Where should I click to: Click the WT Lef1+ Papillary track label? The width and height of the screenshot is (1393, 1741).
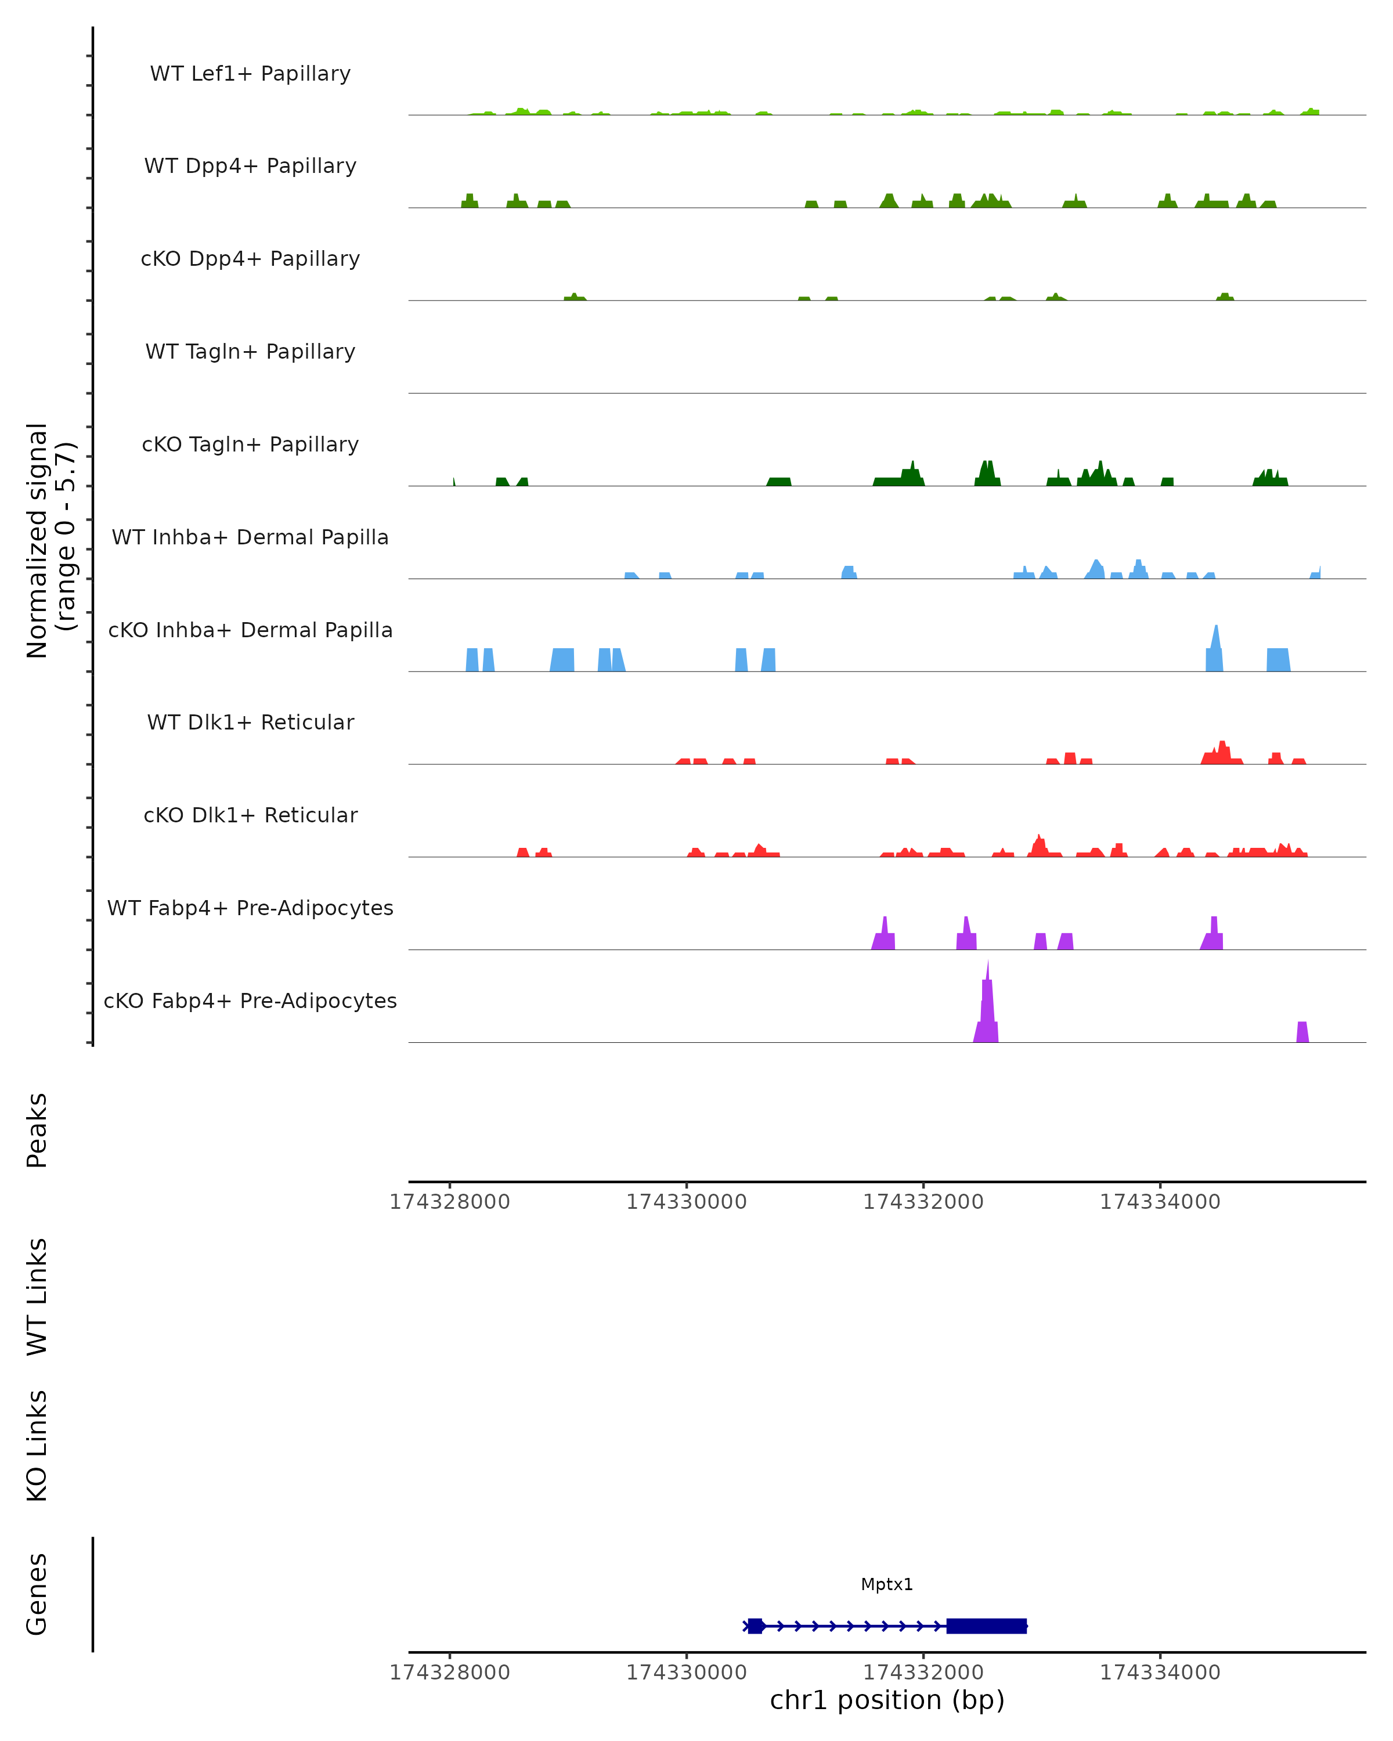[x=250, y=74]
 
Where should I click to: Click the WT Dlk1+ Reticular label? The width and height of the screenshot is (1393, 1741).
[x=250, y=722]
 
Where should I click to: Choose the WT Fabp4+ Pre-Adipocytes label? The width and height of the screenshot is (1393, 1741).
[x=250, y=908]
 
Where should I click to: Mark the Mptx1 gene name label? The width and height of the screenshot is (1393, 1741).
[x=887, y=1584]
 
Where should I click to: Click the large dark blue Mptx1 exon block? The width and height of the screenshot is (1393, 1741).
[x=986, y=1626]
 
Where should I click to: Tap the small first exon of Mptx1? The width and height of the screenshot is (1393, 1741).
[x=755, y=1626]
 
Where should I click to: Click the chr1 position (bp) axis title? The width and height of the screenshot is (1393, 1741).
[x=887, y=1700]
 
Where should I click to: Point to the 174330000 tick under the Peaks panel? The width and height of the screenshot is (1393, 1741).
[x=687, y=1202]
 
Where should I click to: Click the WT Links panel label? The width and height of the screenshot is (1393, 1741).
[x=37, y=1296]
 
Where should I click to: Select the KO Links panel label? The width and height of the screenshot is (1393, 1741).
[x=37, y=1446]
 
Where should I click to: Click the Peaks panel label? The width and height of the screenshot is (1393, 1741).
[x=37, y=1130]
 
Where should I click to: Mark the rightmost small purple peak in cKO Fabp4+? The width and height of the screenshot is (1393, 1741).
[x=1302, y=1032]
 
